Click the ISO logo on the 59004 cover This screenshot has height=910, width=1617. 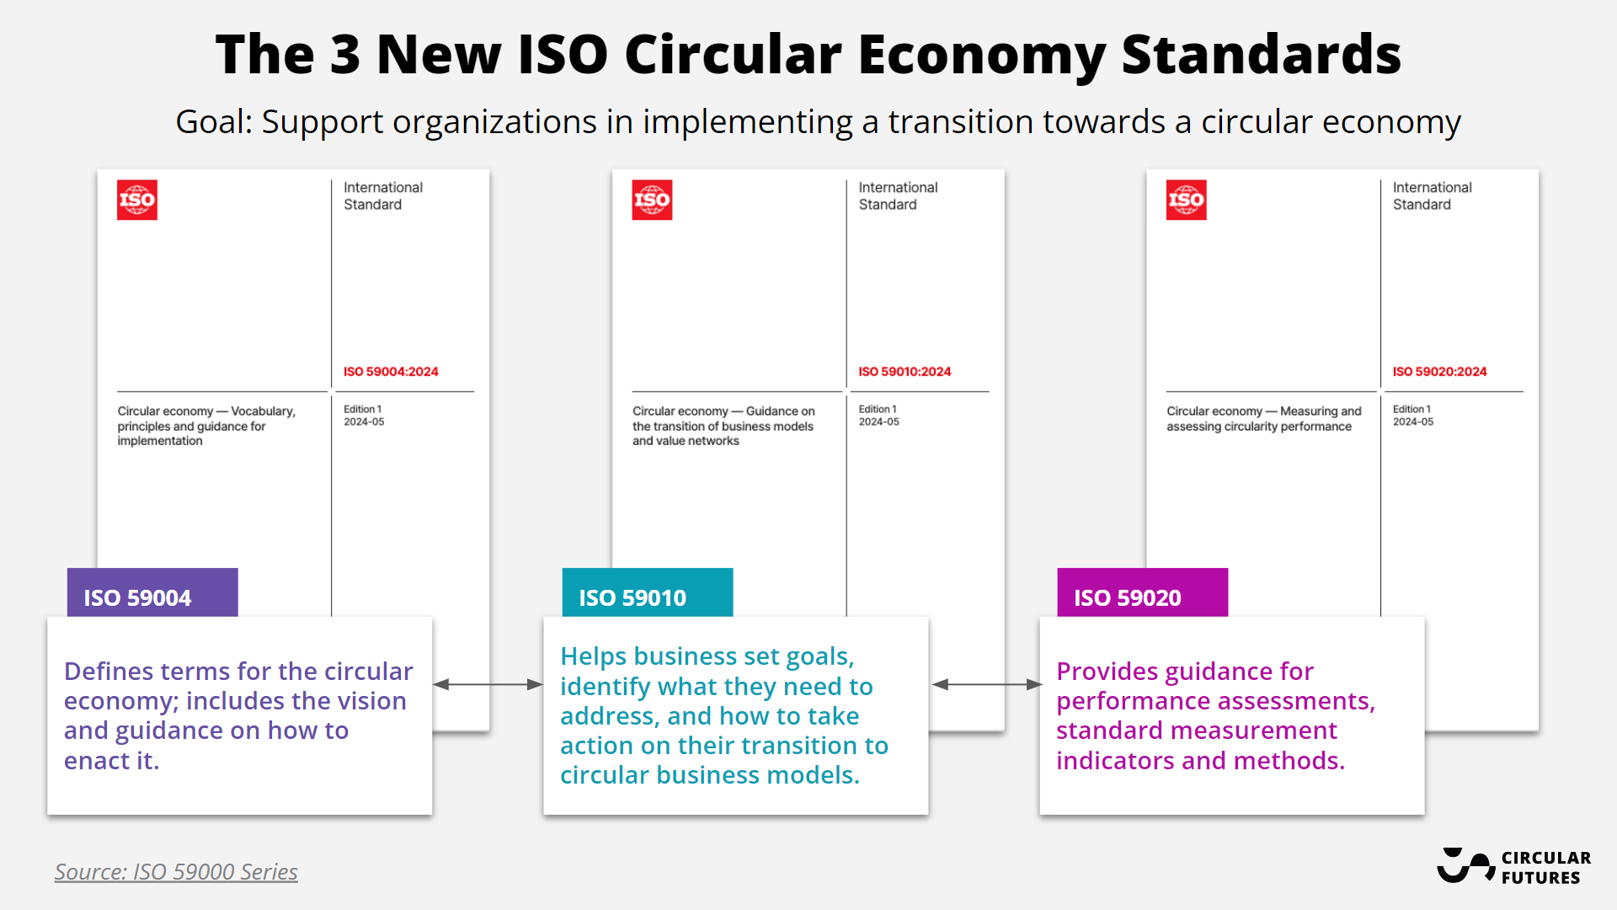coord(137,200)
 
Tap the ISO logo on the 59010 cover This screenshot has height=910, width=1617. coord(652,200)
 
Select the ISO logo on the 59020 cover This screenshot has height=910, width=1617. coord(1186,200)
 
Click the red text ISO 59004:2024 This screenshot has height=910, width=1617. coord(391,372)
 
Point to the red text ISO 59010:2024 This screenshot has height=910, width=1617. coord(905,372)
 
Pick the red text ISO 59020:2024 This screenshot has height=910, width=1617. coord(1439,372)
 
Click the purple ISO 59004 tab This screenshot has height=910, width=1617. coord(152,594)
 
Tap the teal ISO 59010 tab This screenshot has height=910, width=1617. coord(647,594)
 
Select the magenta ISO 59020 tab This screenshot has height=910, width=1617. coord(1142,594)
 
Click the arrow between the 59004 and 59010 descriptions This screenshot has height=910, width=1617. coord(488,684)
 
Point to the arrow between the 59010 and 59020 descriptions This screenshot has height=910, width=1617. coord(987,684)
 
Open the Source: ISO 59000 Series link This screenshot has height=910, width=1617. coord(176,871)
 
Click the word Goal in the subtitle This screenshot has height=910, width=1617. coord(211,122)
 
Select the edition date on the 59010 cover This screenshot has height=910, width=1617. coord(878,422)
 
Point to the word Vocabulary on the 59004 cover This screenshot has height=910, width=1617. coord(262,411)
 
